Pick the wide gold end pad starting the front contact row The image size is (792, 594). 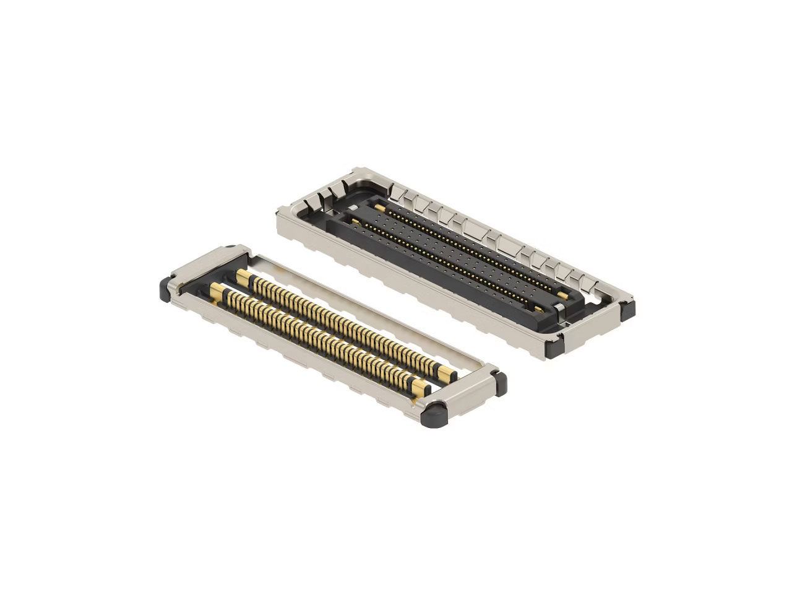[218, 290]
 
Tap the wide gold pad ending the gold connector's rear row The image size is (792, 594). [445, 372]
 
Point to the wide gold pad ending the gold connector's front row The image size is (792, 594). [420, 388]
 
